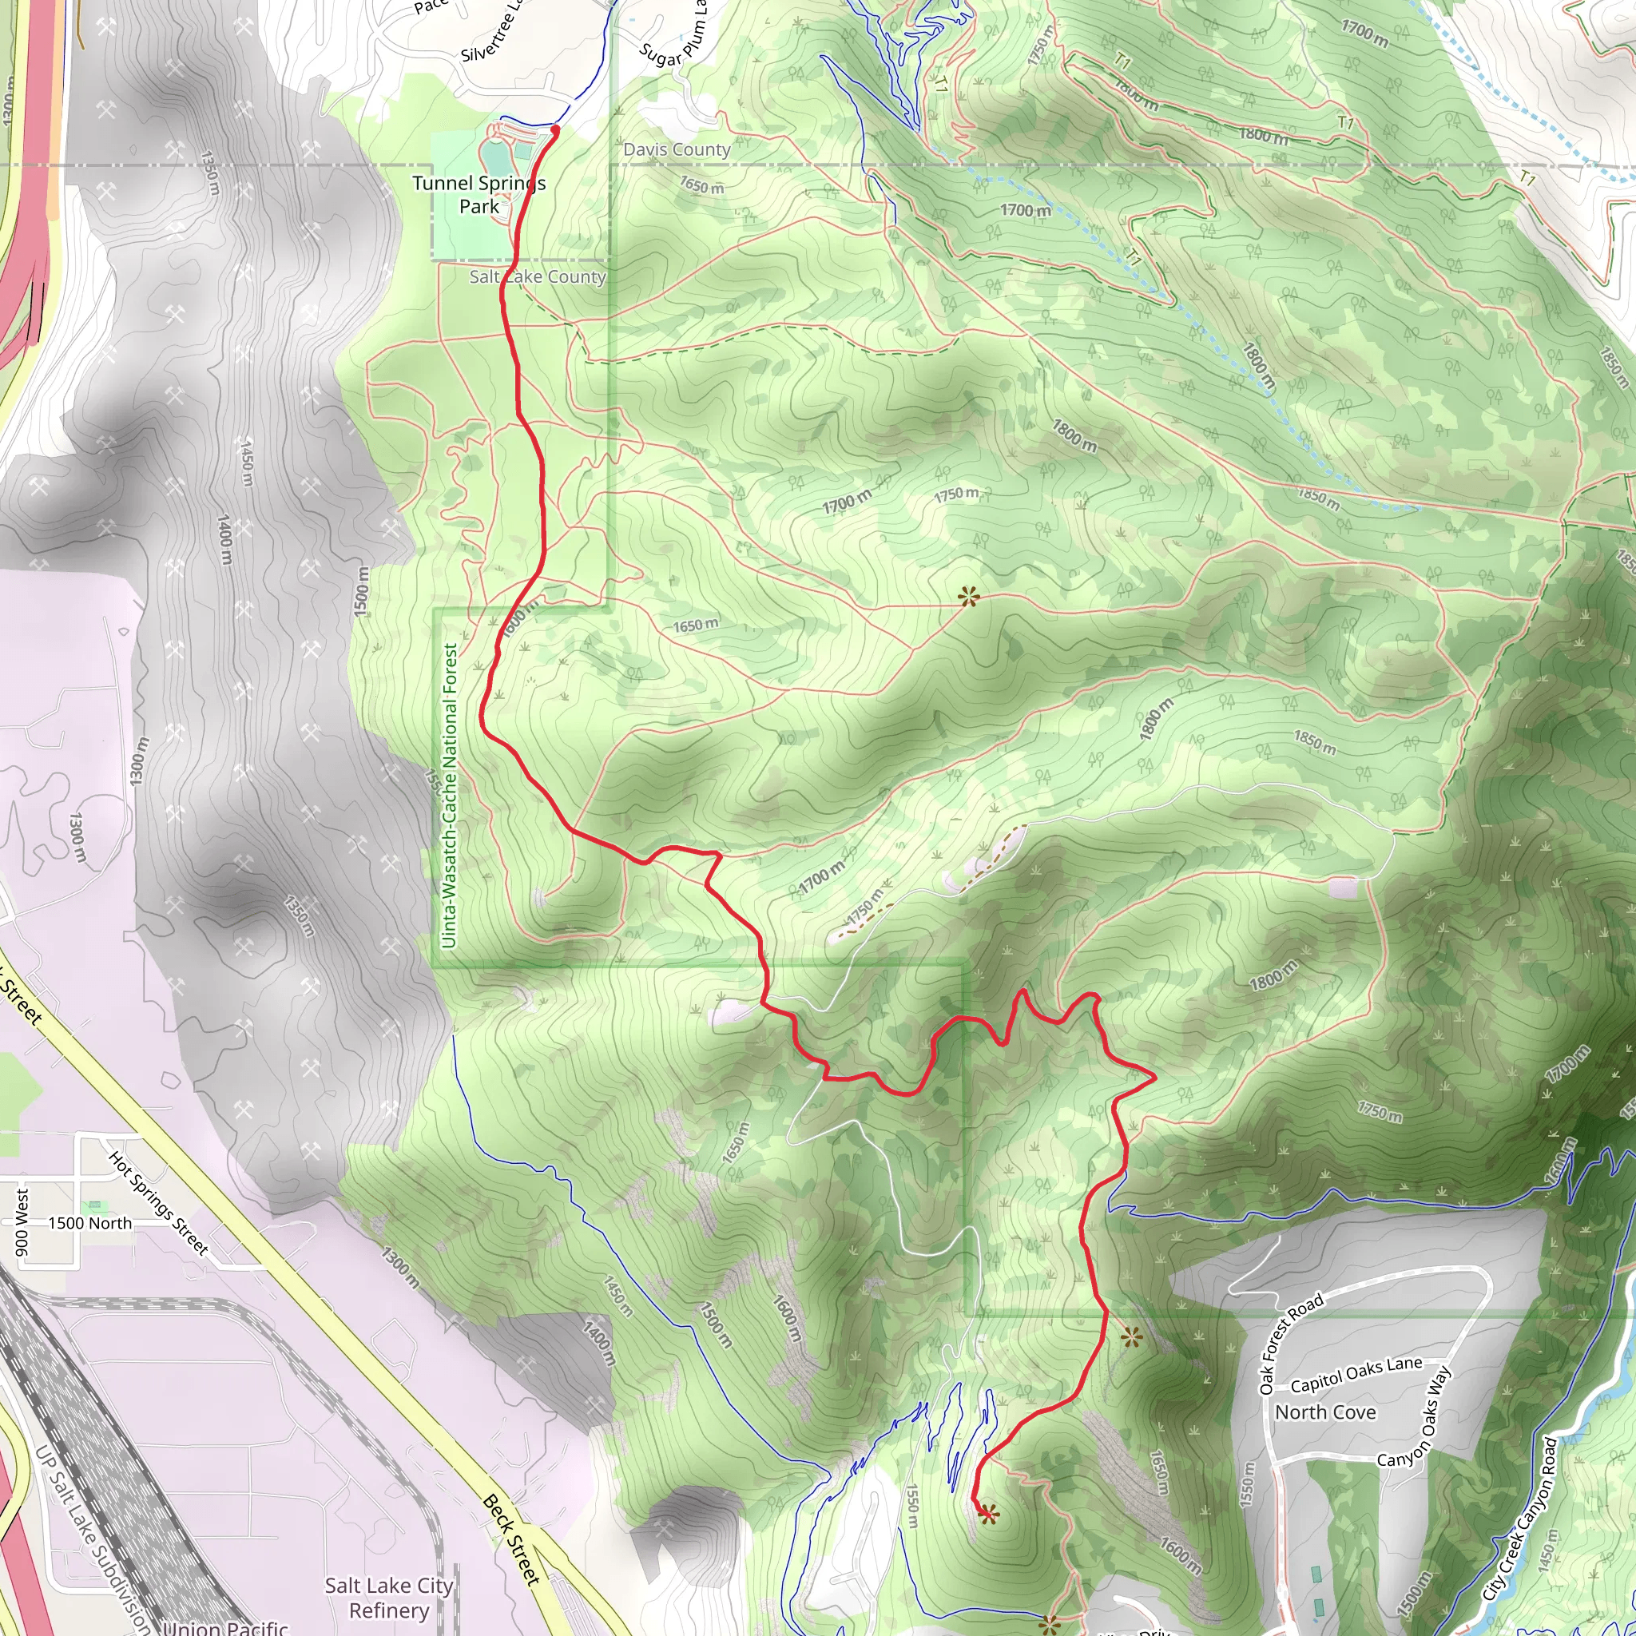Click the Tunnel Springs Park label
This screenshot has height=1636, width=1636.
pos(478,195)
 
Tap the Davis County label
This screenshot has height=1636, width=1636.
pos(677,150)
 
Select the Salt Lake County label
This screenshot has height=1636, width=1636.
pos(538,277)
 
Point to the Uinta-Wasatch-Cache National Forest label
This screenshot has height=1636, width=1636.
pos(450,796)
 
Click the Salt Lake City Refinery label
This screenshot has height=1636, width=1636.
pos(389,1597)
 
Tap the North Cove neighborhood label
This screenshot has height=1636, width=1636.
pos(1325,1412)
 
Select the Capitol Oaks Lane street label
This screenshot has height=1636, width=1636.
pos(1356,1374)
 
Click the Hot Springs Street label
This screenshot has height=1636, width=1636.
pos(158,1202)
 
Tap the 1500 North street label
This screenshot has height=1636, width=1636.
pos(89,1224)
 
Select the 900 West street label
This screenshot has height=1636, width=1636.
pos(22,1222)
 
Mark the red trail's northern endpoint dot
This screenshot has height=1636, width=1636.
pos(555,129)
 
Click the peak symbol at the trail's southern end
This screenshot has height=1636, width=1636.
pos(988,1515)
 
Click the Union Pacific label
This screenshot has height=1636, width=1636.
pos(226,1626)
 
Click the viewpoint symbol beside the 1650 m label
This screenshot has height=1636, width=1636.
pos(969,597)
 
